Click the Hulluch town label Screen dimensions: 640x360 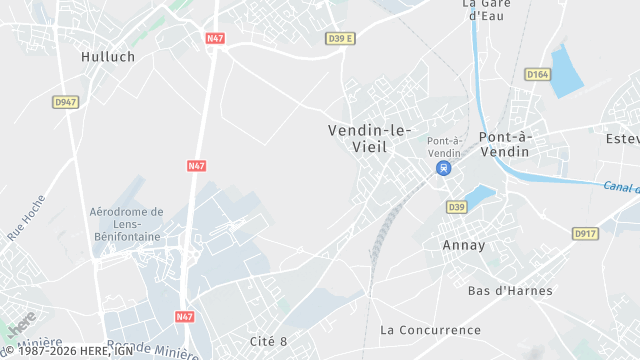107,57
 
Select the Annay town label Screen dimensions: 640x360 463,245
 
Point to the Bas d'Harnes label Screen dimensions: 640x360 505,291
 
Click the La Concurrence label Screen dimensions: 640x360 430,329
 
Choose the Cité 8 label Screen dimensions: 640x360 268,342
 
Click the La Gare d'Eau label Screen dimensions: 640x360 486,9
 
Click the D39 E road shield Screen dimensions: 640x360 341,38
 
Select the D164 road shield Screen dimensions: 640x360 538,73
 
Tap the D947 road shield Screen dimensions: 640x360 66,102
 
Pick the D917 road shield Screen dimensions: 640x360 585,233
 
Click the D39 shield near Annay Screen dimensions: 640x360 457,207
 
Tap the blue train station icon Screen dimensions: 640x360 441,168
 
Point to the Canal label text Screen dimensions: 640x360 620,186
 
